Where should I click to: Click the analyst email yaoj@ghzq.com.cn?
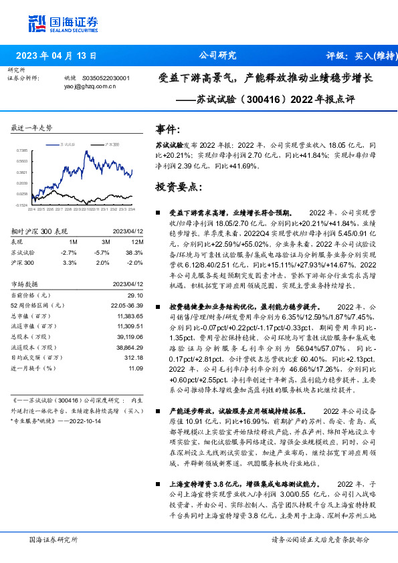pos(90,86)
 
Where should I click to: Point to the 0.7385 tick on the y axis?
pos(21,151)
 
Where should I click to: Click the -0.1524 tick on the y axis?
pos(21,205)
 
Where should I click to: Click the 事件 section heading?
pos(168,128)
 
